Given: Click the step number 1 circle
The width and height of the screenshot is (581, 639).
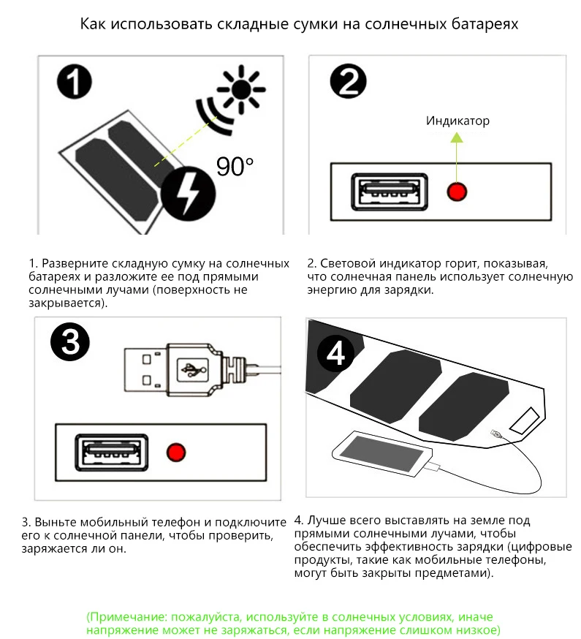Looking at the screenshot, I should (75, 82).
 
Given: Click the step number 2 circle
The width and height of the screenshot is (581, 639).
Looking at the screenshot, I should (347, 82).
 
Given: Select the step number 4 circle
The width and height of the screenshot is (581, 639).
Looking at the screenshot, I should (335, 354).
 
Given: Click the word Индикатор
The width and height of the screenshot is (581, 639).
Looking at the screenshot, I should (457, 121).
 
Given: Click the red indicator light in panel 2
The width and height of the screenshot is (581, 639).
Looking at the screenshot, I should (457, 192).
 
